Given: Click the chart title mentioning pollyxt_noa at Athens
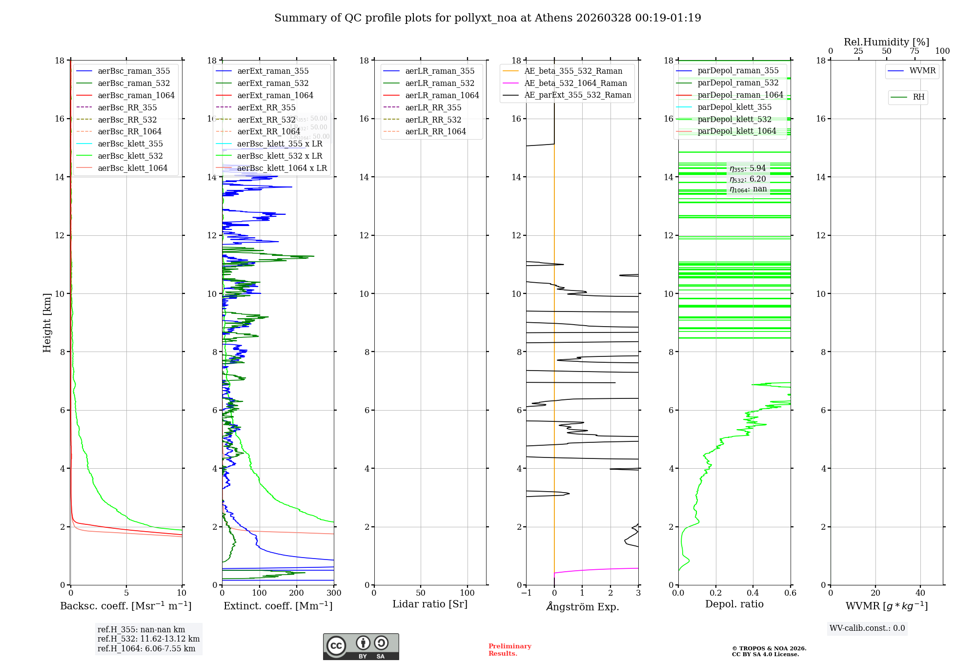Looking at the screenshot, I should pyautogui.click(x=488, y=18).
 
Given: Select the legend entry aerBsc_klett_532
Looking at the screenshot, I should pyautogui.click(x=130, y=156).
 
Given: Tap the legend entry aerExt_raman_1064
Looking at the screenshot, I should pyautogui.click(x=275, y=95).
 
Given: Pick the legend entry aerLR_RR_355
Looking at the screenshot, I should pyautogui.click(x=433, y=107).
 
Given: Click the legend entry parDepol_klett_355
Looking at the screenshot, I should pyautogui.click(x=734, y=107).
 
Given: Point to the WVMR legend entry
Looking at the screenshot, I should pyautogui.click(x=922, y=71).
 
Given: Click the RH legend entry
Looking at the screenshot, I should pyautogui.click(x=918, y=97).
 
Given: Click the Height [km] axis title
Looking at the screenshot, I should pyautogui.click(x=47, y=322).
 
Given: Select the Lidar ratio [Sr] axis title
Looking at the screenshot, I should pyautogui.click(x=430, y=604).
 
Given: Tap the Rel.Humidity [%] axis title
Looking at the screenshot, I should pyautogui.click(x=886, y=42).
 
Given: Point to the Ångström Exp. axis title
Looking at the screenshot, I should pyautogui.click(x=582, y=606).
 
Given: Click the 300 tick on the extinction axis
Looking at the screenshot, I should pyautogui.click(x=334, y=593).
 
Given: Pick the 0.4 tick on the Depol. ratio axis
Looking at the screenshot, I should pyautogui.click(x=753, y=593).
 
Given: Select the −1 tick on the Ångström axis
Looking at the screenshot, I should pyautogui.click(x=526, y=593).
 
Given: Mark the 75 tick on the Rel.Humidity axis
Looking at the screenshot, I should pyautogui.click(x=915, y=51).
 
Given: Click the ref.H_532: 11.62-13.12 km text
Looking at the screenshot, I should pyautogui.click(x=148, y=639).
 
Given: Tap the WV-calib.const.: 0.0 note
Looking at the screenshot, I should pyautogui.click(x=867, y=628).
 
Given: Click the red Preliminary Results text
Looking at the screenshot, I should pyautogui.click(x=509, y=650).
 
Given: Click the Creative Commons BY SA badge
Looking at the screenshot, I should pyautogui.click(x=361, y=646).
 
